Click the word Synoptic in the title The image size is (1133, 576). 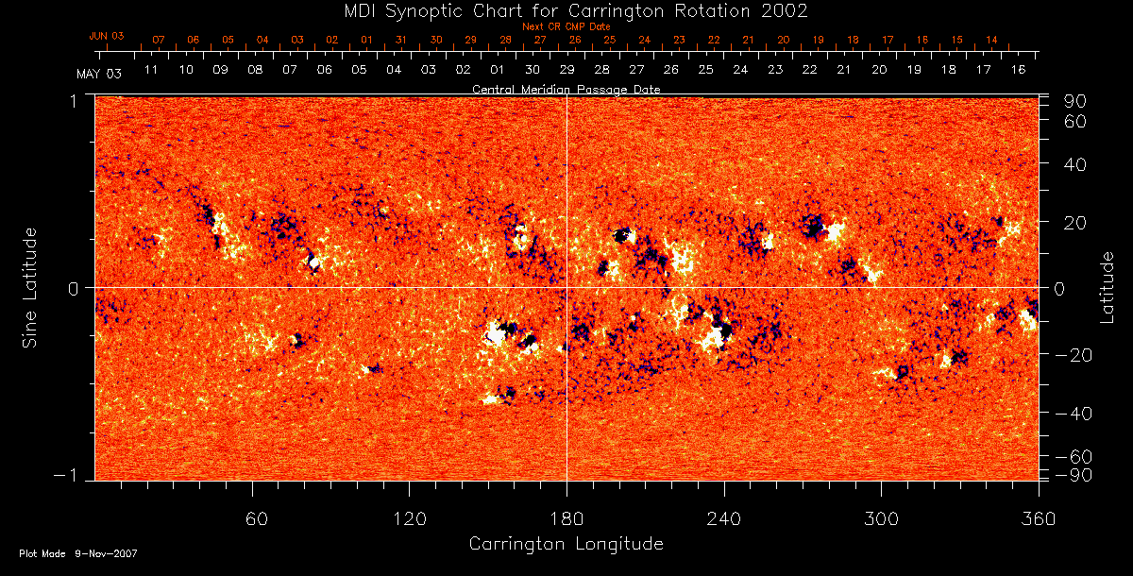point(429,11)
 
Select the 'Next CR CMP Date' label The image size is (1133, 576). point(566,26)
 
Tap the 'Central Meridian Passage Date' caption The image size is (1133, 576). point(566,89)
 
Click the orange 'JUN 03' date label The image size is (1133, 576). point(107,36)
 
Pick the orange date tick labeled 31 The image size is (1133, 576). point(401,41)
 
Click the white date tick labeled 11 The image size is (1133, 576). point(151,70)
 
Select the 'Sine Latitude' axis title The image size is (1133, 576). point(31,287)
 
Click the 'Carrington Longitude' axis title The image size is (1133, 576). point(566,544)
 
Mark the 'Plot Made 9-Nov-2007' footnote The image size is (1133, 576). point(78,553)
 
